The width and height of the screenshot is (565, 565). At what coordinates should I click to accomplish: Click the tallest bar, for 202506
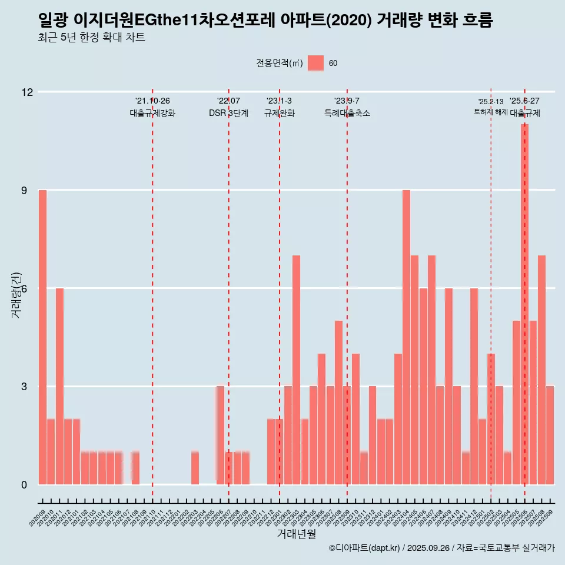[524, 304]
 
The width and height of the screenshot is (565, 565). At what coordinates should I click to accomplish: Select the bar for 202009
[42, 337]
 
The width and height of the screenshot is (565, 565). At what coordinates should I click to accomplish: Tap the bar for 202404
[406, 337]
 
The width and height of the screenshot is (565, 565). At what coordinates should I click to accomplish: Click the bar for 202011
[59, 386]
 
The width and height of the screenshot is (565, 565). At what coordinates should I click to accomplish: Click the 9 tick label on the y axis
[24, 191]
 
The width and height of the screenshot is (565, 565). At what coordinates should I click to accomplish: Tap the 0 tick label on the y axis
[24, 485]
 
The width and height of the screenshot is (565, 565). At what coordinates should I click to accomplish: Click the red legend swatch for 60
[316, 64]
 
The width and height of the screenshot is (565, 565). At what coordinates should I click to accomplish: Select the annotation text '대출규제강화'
[152, 113]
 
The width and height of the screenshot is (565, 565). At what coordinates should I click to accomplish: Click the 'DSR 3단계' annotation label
[228, 113]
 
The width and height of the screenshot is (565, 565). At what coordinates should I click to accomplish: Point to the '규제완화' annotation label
[279, 113]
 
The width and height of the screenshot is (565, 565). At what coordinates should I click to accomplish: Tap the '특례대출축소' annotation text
[347, 113]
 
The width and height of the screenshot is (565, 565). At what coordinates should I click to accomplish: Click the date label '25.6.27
[524, 101]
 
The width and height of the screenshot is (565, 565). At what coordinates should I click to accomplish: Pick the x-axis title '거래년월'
[297, 534]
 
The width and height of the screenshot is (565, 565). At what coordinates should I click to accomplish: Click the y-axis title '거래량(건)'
[16, 294]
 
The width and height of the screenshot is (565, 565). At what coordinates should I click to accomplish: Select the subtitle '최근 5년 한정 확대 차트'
[91, 38]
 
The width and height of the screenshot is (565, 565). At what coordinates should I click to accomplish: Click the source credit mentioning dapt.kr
[441, 548]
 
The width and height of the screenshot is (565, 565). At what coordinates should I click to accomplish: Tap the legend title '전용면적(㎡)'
[279, 64]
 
